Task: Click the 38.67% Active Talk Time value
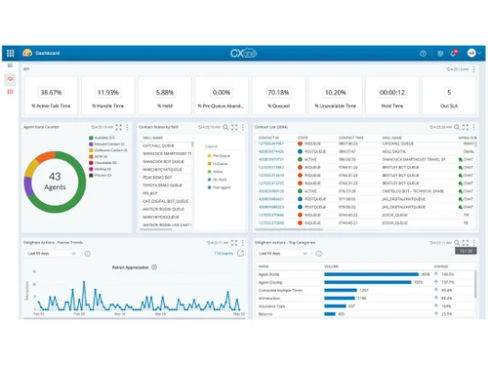[51, 92]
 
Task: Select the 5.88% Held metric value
[166, 92]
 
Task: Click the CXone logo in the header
[243, 53]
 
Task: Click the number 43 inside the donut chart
[56, 176]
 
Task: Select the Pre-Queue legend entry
[220, 155]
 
